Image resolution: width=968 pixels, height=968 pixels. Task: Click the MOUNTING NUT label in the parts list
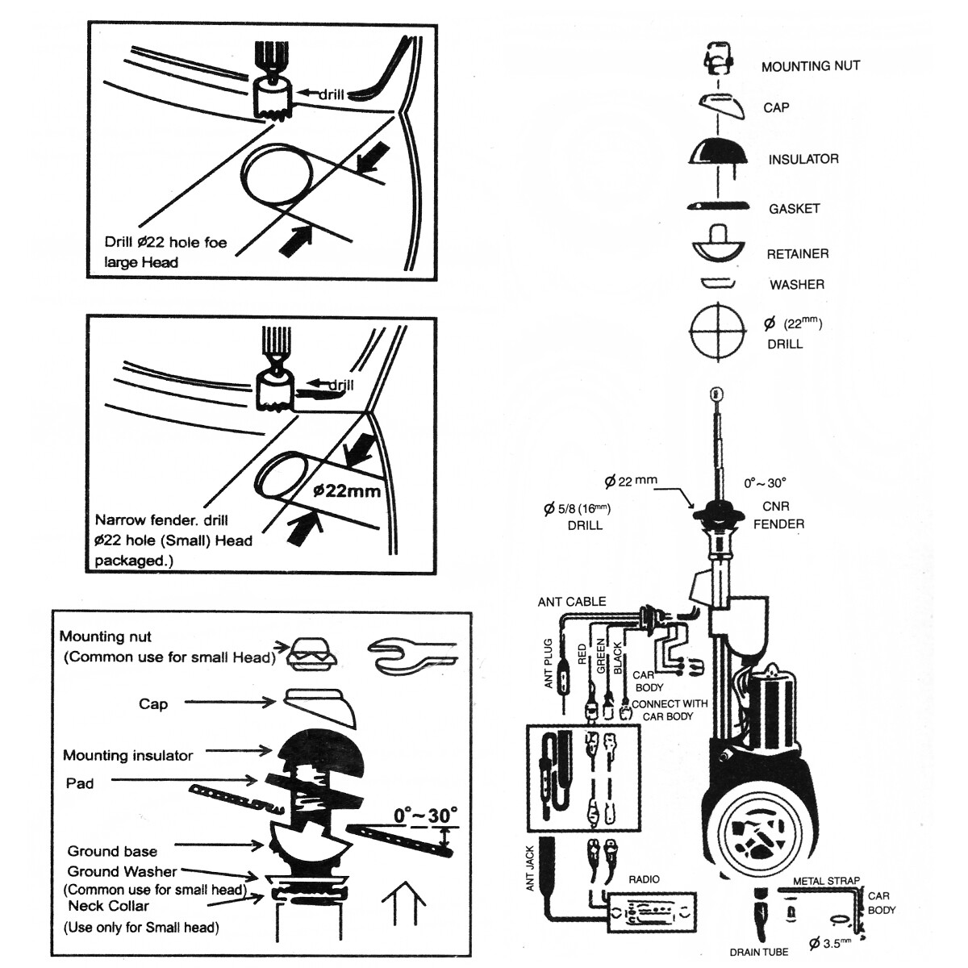810,66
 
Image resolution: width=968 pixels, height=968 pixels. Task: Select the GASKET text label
794,209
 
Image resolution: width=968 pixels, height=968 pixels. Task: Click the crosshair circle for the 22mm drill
715,331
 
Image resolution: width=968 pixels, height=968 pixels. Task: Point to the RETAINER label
797,254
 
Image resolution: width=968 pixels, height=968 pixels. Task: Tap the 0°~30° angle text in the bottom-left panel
425,816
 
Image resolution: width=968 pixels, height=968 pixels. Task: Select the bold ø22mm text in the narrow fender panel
346,490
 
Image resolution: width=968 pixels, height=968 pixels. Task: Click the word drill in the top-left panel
331,94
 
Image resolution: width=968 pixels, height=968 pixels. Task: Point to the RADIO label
644,879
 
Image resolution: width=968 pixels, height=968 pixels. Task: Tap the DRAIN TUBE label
759,953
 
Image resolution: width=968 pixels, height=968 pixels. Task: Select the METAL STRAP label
826,881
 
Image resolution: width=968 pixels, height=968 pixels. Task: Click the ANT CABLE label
572,602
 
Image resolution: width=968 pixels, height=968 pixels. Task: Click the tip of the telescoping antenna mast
712,394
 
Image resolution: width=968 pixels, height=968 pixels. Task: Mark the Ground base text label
112,851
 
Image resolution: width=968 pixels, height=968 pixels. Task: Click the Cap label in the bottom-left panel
153,703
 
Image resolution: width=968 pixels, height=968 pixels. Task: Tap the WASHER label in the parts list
796,285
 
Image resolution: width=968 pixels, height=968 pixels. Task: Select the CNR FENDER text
778,515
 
